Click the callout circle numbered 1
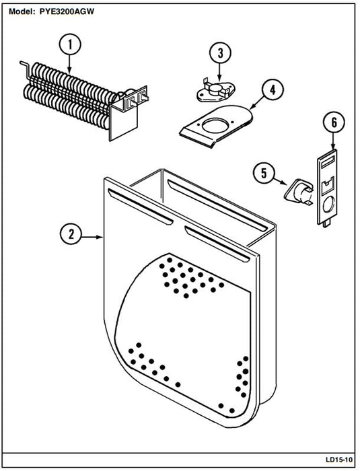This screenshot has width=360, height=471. [x=70, y=44]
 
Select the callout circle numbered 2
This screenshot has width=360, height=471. [x=71, y=234]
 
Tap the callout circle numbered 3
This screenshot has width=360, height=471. [x=220, y=53]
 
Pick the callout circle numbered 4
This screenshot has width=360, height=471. [x=273, y=89]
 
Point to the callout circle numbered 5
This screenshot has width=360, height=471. [x=264, y=173]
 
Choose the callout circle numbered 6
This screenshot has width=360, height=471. [x=334, y=122]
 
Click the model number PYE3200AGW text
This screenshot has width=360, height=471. [x=67, y=11]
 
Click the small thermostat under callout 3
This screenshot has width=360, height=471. [x=215, y=91]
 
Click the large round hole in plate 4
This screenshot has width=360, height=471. [x=215, y=126]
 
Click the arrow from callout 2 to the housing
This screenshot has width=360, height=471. [x=93, y=237]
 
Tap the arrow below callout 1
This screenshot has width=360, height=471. [x=70, y=65]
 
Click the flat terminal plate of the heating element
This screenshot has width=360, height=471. [x=124, y=122]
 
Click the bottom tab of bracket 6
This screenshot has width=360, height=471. [x=326, y=224]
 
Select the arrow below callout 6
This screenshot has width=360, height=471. [x=334, y=141]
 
